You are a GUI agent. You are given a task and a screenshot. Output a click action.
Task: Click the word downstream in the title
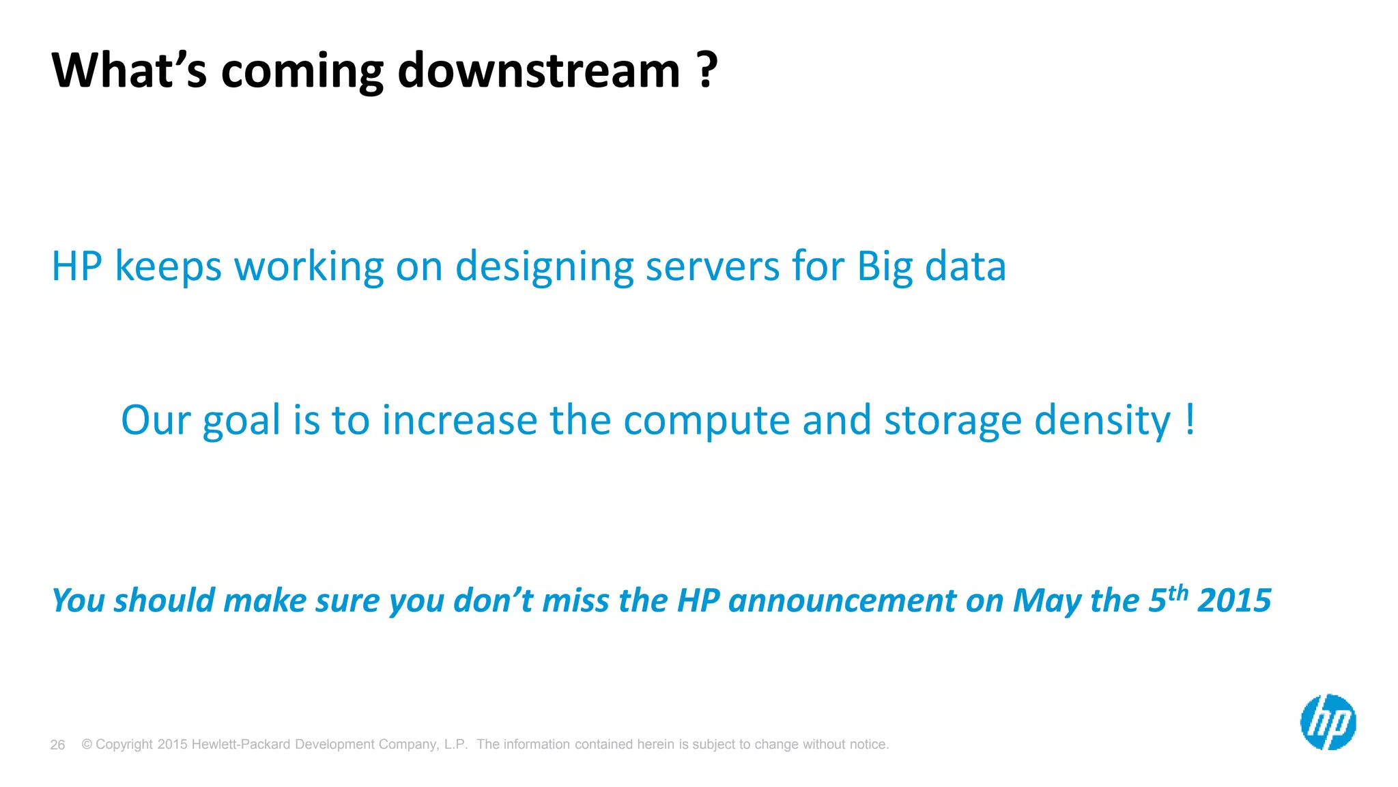click(x=539, y=71)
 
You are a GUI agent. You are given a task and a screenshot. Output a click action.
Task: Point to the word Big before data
click(x=885, y=268)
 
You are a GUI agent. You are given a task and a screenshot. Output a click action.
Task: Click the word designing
click(x=544, y=268)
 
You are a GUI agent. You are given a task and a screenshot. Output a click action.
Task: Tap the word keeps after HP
click(x=168, y=268)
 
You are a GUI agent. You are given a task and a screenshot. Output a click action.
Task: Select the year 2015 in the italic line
click(x=1234, y=601)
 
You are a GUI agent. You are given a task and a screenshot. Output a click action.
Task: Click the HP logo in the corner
click(x=1328, y=722)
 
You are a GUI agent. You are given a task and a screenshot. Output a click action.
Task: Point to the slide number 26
click(x=57, y=745)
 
